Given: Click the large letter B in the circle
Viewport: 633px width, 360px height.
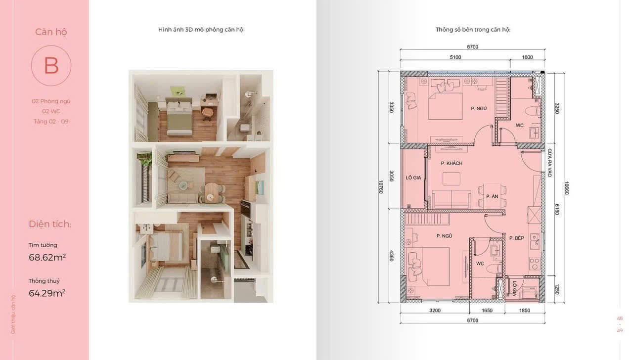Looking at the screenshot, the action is pyautogui.click(x=51, y=66).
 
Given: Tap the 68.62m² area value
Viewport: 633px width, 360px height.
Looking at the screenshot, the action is pyautogui.click(x=47, y=258).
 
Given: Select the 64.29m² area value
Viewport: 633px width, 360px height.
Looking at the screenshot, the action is pyautogui.click(x=47, y=293).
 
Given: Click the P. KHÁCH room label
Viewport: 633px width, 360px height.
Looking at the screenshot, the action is pyautogui.click(x=452, y=163).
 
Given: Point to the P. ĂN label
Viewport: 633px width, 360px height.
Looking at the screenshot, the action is pyautogui.click(x=492, y=196).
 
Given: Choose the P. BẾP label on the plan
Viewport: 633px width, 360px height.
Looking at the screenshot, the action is pyautogui.click(x=517, y=238).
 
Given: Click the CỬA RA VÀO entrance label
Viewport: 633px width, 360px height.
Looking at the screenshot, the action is pyautogui.click(x=549, y=163).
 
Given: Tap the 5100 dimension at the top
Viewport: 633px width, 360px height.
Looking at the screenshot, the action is pyautogui.click(x=455, y=57).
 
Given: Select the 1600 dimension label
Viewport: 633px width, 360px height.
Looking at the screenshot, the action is pyautogui.click(x=527, y=57).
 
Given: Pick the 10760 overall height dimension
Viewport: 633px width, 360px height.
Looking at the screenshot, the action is pyautogui.click(x=381, y=187).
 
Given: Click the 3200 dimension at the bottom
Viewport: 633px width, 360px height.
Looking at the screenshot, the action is pyautogui.click(x=435, y=311).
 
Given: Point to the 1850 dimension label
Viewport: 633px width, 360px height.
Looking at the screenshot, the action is pyautogui.click(x=525, y=311).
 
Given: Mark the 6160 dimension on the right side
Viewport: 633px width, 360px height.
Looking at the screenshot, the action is pyautogui.click(x=557, y=209).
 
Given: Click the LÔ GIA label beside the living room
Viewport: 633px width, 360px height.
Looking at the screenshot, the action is pyautogui.click(x=413, y=178).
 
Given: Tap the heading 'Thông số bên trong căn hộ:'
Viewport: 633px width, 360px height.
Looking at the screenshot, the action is pyautogui.click(x=473, y=30).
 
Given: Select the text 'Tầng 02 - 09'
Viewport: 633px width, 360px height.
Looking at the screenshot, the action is pyautogui.click(x=51, y=122).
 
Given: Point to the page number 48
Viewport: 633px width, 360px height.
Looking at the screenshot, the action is pyautogui.click(x=620, y=318).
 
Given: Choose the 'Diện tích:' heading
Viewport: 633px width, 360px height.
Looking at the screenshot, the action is pyautogui.click(x=50, y=224).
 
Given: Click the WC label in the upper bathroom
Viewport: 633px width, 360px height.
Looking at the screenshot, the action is pyautogui.click(x=519, y=126).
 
